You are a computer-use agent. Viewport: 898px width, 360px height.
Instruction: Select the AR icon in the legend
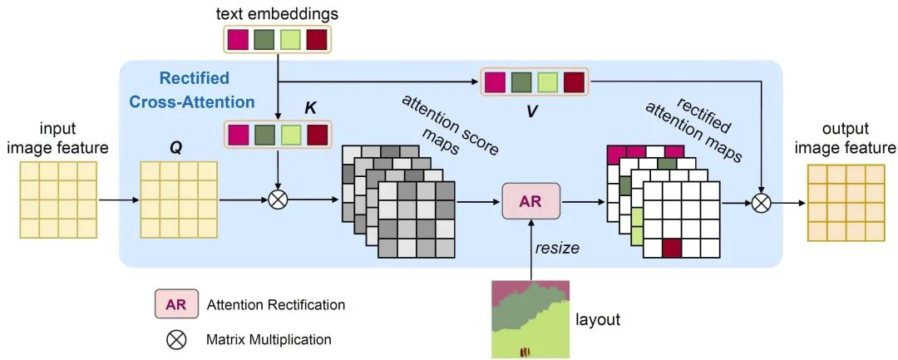point(175,304)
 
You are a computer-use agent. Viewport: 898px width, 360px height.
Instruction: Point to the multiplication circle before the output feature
point(762,200)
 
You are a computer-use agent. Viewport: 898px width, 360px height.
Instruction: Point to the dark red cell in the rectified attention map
point(673,248)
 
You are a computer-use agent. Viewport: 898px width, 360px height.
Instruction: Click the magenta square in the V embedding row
point(495,82)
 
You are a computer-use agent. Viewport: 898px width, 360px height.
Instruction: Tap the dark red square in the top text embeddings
point(318,39)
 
